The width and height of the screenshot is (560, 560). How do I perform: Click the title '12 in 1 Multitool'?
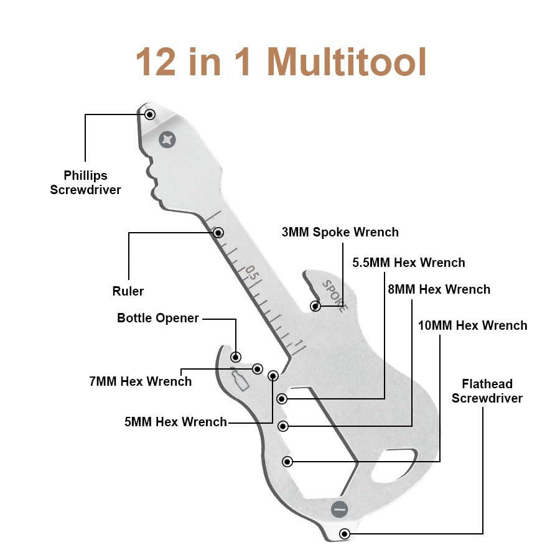[281, 62]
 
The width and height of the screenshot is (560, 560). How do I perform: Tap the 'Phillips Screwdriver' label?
[85, 182]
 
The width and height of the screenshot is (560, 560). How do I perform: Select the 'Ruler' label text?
[128, 291]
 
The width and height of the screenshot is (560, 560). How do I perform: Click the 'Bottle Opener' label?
[158, 318]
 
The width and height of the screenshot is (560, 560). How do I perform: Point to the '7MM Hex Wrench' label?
[141, 381]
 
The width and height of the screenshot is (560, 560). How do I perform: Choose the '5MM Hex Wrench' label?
[175, 422]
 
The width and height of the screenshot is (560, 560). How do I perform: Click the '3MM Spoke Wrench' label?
[340, 232]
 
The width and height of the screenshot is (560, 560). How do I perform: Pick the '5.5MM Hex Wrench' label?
[409, 263]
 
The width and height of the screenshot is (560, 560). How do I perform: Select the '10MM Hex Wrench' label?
[473, 325]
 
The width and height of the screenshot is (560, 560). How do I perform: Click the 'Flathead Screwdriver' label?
[487, 391]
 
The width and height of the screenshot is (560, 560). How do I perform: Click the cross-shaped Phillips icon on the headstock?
[167, 139]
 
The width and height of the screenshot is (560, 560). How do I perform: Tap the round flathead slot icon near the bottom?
[339, 509]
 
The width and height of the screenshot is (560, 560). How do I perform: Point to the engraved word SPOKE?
[335, 296]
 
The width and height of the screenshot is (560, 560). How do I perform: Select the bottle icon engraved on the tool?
[239, 378]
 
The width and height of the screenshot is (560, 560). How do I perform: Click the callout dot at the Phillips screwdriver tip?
[149, 114]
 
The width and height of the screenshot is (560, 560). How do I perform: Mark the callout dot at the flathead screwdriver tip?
[344, 534]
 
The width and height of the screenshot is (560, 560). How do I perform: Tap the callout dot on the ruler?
[218, 233]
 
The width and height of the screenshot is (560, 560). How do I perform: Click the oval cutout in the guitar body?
[393, 467]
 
